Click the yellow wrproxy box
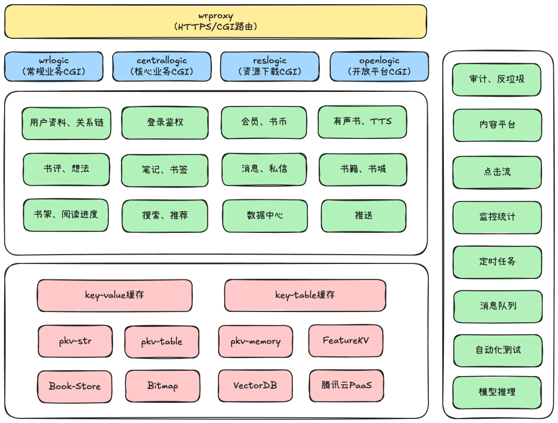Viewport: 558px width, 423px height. [215, 21]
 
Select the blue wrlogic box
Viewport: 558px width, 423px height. [54, 67]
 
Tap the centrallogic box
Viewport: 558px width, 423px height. [162, 67]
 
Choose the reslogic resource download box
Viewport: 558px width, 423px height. [269, 67]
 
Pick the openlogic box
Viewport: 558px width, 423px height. [379, 67]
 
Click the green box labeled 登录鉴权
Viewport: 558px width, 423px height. [165, 122]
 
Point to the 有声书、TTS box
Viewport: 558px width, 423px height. [362, 122]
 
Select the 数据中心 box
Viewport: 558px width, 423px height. [265, 216]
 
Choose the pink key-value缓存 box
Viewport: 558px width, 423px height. [115, 295]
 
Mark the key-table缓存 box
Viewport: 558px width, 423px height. [305, 295]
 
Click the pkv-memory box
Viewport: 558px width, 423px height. [255, 341]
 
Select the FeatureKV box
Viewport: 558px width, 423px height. [346, 341]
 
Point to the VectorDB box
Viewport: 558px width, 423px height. [255, 386]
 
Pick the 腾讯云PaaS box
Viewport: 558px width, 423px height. [346, 385]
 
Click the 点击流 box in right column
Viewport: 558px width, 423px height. [497, 172]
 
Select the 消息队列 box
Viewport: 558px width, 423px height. [497, 306]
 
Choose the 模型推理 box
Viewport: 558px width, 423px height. [497, 392]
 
